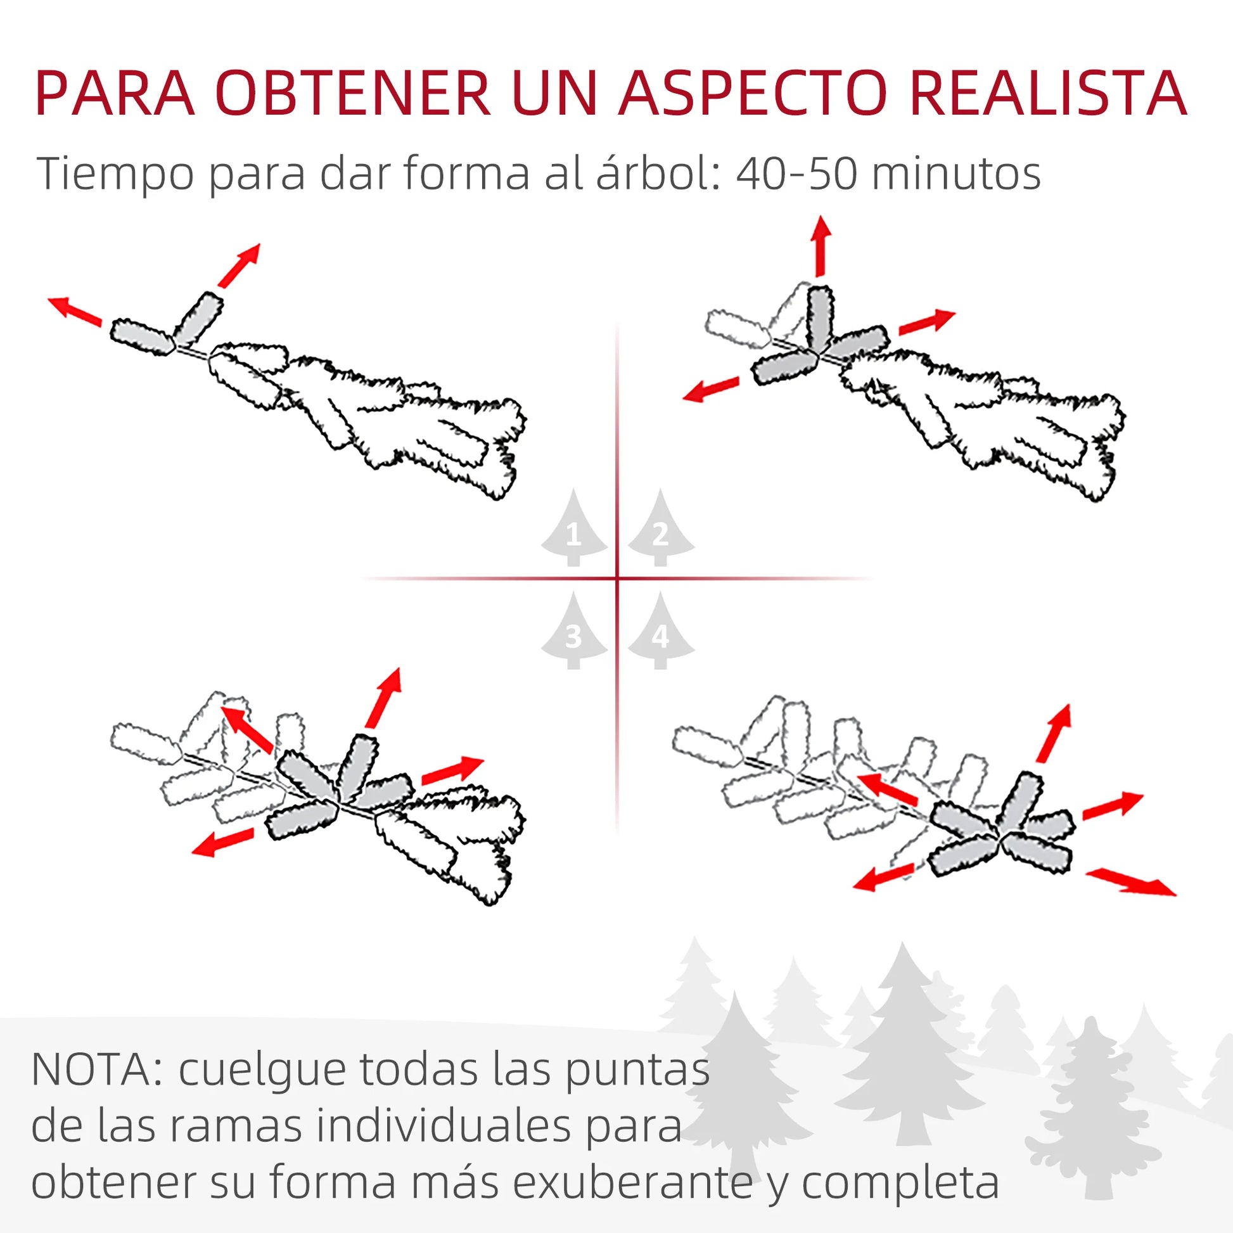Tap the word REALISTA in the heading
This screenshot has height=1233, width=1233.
point(1047,93)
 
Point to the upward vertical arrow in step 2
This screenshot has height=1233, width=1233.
point(821,246)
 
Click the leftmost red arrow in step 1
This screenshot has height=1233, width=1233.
point(75,311)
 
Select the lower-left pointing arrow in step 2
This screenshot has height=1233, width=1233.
point(710,389)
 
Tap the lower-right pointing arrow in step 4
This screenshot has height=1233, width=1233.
point(1130,881)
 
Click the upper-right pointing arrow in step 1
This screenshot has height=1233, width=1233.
point(239,265)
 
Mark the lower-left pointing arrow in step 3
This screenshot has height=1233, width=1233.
point(223,841)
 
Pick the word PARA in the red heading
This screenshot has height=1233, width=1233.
point(115,93)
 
